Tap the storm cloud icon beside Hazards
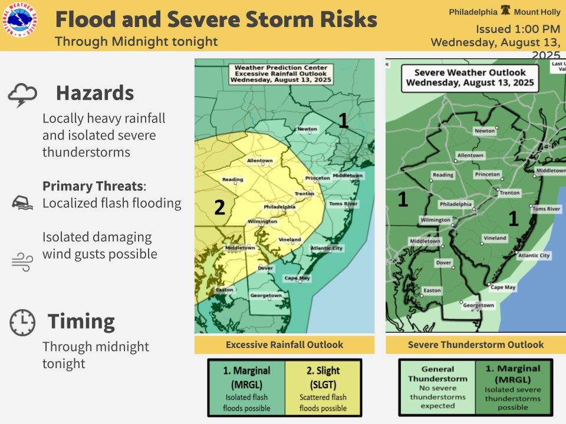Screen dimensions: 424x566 [x=23, y=95]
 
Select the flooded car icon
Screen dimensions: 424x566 [x=21, y=203]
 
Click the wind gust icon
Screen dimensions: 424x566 [x=22, y=261]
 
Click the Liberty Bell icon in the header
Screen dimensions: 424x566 [x=505, y=11]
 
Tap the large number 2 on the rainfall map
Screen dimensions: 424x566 [x=219, y=208]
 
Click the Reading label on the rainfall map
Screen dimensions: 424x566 [x=232, y=180]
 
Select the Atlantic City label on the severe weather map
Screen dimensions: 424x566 [x=534, y=256]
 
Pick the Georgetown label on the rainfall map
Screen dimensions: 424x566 [x=266, y=295]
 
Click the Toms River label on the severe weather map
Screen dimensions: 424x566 [x=546, y=209]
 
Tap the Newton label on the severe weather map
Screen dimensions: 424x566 [x=485, y=131]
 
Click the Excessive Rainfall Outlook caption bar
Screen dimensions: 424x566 [x=284, y=345]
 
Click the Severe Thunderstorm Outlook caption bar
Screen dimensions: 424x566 [x=475, y=345]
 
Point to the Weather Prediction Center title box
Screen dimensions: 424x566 [x=281, y=75]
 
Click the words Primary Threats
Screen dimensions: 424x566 [x=93, y=186]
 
